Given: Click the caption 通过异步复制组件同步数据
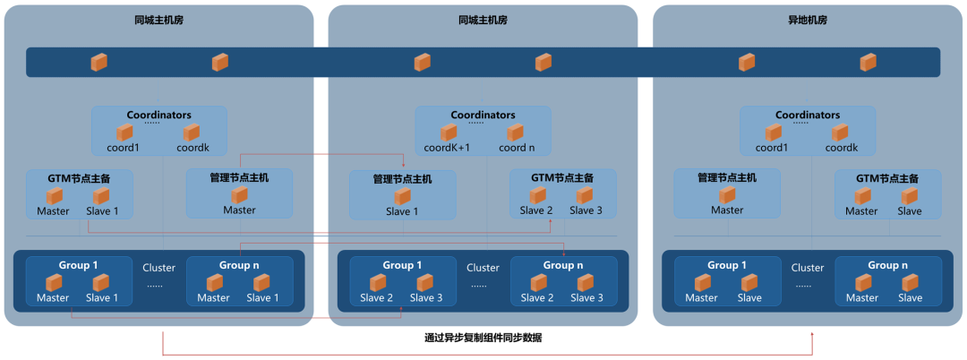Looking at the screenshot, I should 483,338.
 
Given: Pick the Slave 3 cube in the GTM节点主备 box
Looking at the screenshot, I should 585,195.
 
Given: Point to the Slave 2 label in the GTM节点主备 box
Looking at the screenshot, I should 536,210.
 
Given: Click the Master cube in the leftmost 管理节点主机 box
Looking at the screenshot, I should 239,195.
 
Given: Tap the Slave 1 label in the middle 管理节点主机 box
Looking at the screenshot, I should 402,211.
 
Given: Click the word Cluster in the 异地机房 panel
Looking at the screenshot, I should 807,268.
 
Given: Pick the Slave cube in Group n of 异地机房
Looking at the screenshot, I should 910,282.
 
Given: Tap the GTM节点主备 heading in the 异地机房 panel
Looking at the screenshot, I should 887,177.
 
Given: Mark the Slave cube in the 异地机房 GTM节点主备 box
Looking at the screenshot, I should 910,195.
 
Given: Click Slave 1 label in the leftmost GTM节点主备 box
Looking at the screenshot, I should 101,211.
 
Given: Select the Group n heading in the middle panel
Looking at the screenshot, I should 563,265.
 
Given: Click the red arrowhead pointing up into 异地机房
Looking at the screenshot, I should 812,334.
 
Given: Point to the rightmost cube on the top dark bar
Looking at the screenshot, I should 868,62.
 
